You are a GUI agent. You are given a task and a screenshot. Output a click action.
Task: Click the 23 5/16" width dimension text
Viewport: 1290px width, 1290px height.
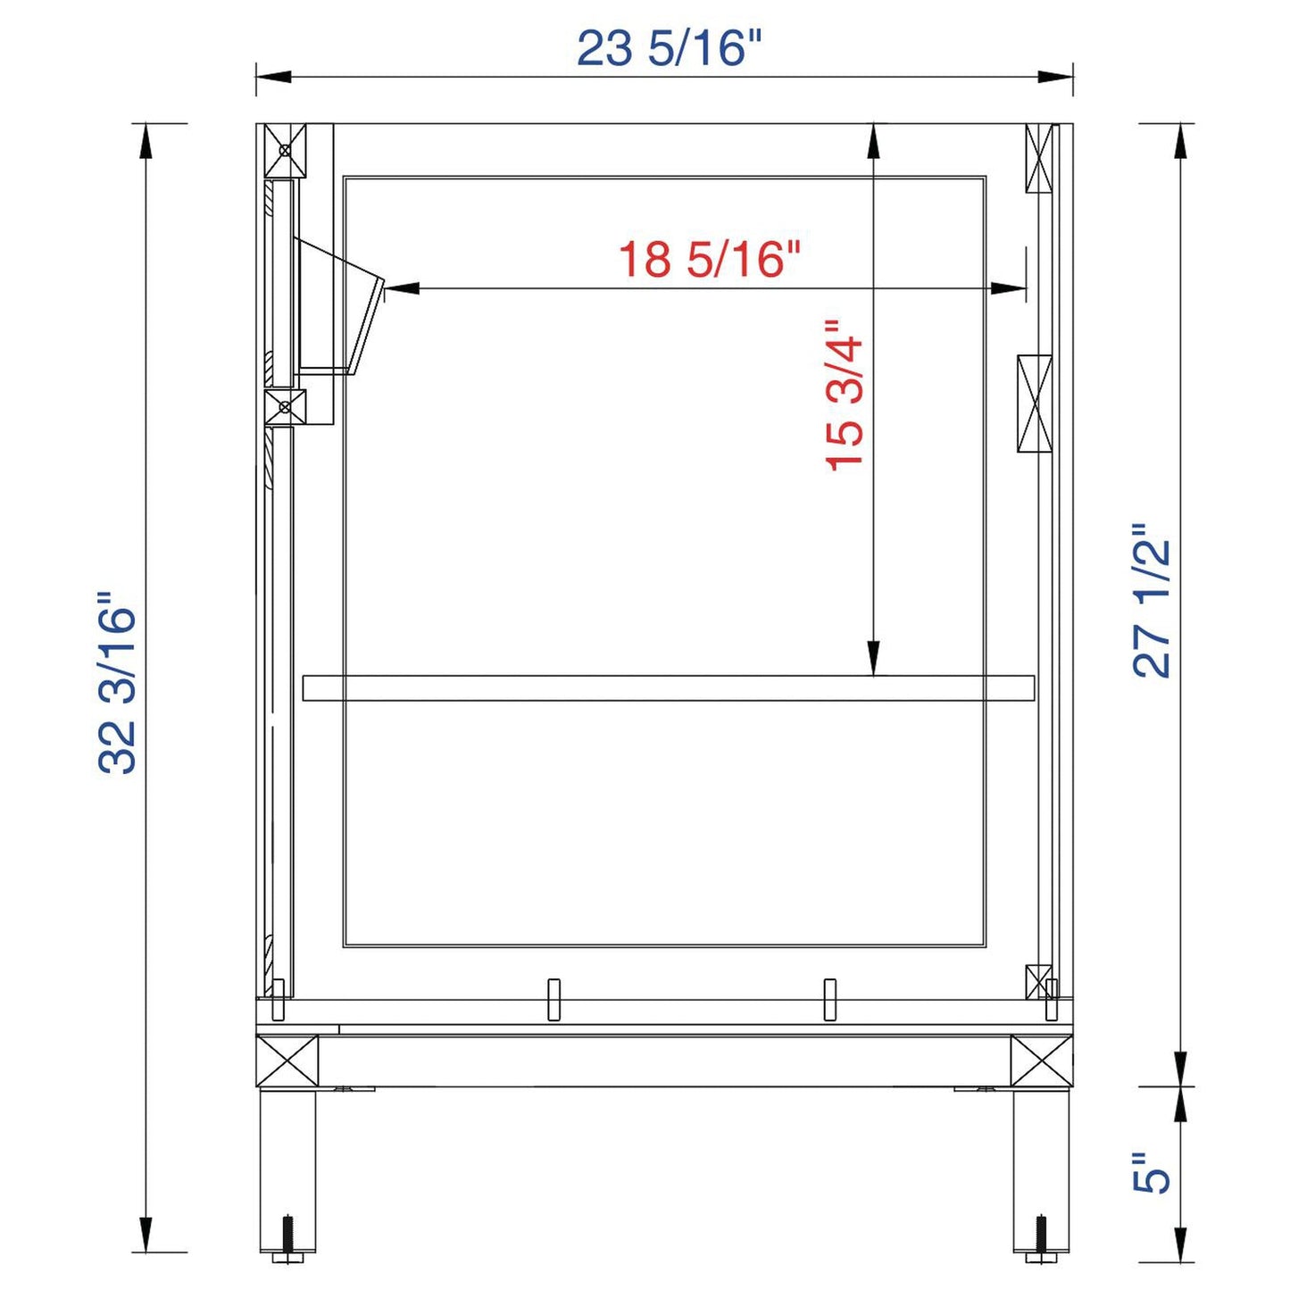pyautogui.click(x=670, y=48)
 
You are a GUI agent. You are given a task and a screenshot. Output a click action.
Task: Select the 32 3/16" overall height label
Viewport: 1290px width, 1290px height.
pyautogui.click(x=118, y=682)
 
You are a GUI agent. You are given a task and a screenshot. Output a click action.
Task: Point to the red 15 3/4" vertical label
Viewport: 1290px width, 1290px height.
pyautogui.click(x=845, y=395)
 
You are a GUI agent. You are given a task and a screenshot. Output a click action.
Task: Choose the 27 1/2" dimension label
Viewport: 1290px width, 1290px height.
pyautogui.click(x=1152, y=601)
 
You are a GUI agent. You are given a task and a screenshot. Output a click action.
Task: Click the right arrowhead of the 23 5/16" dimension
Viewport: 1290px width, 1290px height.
pyautogui.click(x=1056, y=76)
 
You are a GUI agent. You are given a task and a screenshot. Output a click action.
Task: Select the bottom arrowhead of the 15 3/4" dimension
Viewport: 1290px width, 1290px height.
pyautogui.click(x=873, y=660)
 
